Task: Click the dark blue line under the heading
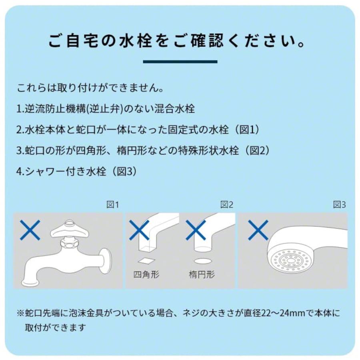[x=180, y=62]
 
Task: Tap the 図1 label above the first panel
[x=113, y=205]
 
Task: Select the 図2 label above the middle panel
[x=227, y=205]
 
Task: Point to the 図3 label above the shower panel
[x=340, y=205]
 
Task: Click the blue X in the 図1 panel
[x=30, y=230]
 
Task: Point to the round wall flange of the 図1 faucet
[x=105, y=260]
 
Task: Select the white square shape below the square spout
[x=146, y=261]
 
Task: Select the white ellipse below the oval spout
[x=202, y=261]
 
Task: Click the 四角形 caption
[x=146, y=275]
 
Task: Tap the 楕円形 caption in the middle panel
[x=202, y=275]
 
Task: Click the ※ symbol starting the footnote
[x=21, y=313]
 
